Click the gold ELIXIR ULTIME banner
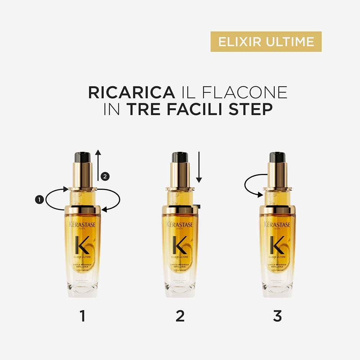pyautogui.click(x=266, y=41)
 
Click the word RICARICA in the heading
pyautogui.click(x=131, y=92)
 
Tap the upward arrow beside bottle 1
pyautogui.click(x=98, y=166)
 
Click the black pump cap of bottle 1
pyautogui.click(x=82, y=157)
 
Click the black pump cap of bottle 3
pyautogui.click(x=277, y=157)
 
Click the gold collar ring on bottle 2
pyautogui.click(x=180, y=210)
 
